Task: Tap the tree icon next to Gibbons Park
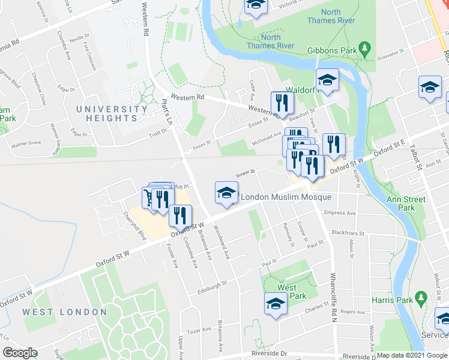click(364, 47)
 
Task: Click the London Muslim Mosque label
click(286, 197)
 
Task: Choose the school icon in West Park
click(276, 304)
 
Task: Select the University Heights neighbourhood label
click(112, 114)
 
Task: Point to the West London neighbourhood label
click(64, 312)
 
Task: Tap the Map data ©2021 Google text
click(412, 355)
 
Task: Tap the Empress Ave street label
click(339, 213)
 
